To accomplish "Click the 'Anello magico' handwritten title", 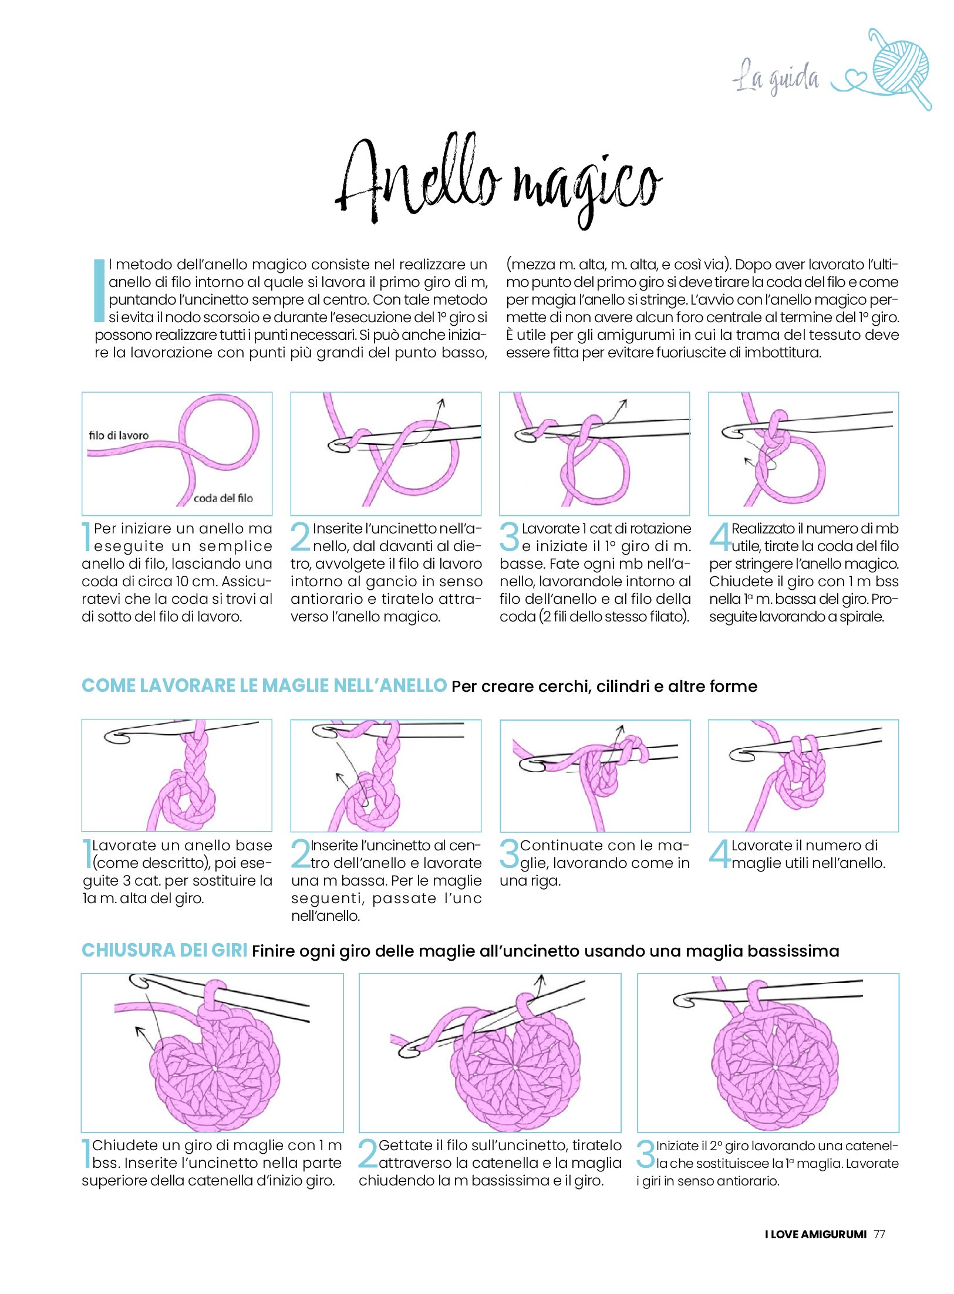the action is tap(499, 181).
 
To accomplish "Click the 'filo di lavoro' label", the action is tap(119, 435).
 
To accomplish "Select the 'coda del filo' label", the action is tap(223, 498).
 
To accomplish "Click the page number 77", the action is tap(879, 1234).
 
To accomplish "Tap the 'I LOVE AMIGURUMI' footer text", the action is tap(815, 1234).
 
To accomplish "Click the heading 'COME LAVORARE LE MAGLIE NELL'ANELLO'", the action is tap(264, 685).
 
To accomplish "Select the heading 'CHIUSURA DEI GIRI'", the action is tap(164, 950).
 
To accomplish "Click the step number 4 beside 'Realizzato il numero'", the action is tap(720, 537).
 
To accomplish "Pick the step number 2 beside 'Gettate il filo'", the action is tap(368, 1154).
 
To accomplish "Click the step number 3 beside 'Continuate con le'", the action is tap(510, 854).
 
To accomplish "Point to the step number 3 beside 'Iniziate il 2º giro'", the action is tap(646, 1154).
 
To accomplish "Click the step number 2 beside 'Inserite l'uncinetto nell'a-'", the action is tap(301, 537).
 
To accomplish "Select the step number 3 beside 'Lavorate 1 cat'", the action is tap(510, 537).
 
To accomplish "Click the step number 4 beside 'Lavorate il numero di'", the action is tap(720, 854).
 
